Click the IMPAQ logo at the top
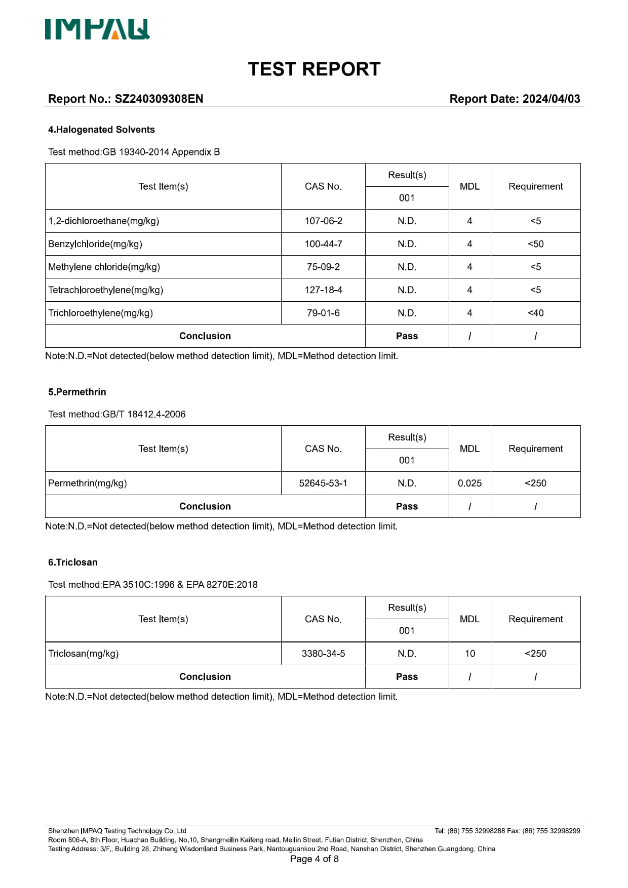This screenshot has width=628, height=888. tap(97, 29)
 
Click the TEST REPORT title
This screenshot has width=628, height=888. tap(314, 69)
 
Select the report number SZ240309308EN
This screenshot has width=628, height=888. tap(159, 99)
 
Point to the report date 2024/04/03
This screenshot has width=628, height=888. tap(551, 99)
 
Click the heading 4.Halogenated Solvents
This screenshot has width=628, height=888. tap(101, 130)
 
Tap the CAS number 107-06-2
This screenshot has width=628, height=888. tap(323, 221)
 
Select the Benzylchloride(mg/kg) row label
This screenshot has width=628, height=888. tap(95, 244)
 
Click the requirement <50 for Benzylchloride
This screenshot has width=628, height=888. tap(535, 244)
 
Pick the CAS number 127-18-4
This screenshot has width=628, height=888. tap(323, 290)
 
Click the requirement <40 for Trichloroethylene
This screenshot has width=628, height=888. tap(535, 313)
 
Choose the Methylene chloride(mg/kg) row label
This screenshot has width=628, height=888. tap(104, 267)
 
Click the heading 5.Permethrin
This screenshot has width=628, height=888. tap(77, 392)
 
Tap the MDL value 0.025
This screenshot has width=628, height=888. tap(469, 483)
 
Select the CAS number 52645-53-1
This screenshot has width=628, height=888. tap(323, 483)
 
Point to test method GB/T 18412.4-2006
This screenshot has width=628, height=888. tap(144, 414)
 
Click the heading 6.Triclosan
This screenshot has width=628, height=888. tap(73, 562)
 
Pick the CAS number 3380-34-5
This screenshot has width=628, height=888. tap(323, 654)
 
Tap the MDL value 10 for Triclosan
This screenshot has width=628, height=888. tap(469, 654)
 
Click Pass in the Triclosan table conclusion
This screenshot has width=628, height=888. tap(407, 676)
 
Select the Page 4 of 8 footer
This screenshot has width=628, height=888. tap(314, 859)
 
